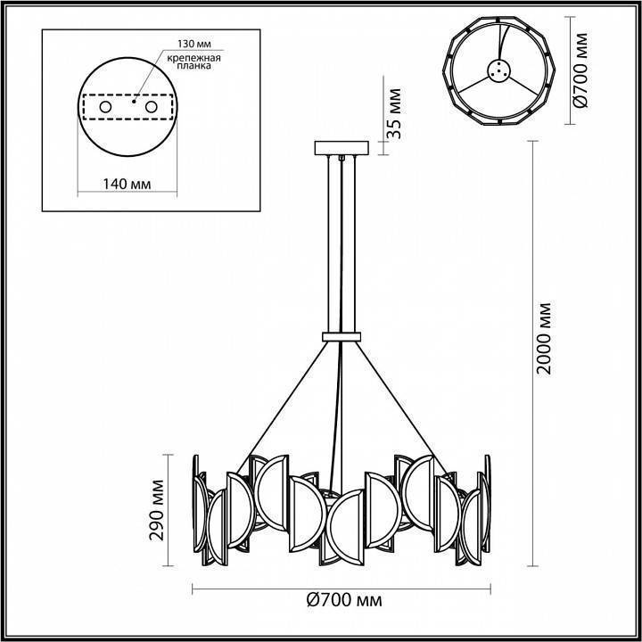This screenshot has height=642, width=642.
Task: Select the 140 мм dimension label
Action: tap(125, 184)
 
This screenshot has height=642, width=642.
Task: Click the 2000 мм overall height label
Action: tap(546, 339)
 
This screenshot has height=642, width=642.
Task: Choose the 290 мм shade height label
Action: tap(159, 510)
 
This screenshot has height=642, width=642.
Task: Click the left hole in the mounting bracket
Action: tap(106, 107)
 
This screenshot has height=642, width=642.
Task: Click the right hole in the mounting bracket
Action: tap(151, 107)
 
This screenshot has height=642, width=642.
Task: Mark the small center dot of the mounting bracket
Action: tap(131, 102)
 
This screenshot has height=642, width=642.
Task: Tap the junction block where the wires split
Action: tap(342, 336)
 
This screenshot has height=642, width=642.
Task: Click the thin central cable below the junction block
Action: tap(341, 419)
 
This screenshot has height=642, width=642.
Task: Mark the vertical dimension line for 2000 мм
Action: tap(533, 357)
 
